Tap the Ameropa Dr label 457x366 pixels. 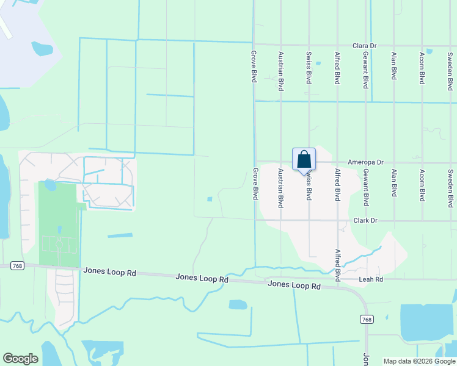(x=365, y=163)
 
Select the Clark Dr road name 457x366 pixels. (x=365, y=221)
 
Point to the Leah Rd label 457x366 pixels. (x=370, y=279)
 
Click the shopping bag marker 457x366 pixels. (x=304, y=160)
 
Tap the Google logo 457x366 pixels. (x=20, y=359)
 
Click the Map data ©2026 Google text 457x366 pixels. (x=419, y=361)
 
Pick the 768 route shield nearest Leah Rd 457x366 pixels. (x=367, y=320)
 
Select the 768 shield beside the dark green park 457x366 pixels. (x=17, y=265)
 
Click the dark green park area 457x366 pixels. (x=57, y=223)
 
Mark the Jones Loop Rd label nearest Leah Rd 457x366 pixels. (x=294, y=285)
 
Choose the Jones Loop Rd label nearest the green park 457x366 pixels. (x=109, y=272)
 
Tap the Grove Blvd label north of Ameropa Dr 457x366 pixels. (x=253, y=66)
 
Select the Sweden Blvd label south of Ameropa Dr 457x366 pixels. (x=450, y=189)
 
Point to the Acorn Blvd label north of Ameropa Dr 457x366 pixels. (x=422, y=68)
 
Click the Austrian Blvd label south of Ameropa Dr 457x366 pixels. (x=281, y=188)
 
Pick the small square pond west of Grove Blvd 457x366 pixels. (x=210, y=199)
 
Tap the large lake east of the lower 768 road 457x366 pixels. (x=427, y=322)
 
